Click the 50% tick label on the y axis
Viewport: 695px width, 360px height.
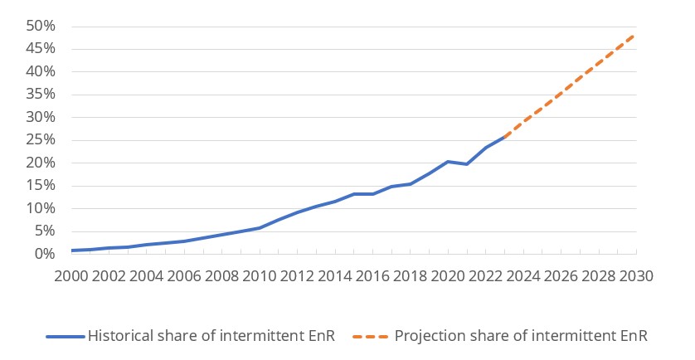pos(40,27)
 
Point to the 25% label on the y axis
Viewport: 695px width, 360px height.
pos(40,140)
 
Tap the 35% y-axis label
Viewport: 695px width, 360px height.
pos(40,95)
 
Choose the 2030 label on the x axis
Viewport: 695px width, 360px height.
pos(636,275)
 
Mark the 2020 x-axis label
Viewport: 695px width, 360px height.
pos(448,275)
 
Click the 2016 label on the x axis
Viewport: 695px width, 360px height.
pos(372,275)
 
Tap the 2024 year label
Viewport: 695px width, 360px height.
pos(523,275)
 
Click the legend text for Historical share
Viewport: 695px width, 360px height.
pos(210,336)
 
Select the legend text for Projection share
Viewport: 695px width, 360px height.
pos(521,336)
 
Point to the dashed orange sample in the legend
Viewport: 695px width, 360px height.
pos(370,337)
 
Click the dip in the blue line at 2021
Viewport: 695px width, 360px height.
pos(466,164)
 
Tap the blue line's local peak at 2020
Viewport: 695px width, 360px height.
pos(448,162)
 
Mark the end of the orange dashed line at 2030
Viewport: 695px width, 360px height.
pos(635,35)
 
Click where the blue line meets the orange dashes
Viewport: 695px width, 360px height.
pos(504,136)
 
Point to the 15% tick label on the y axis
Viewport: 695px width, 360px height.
pos(40,186)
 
